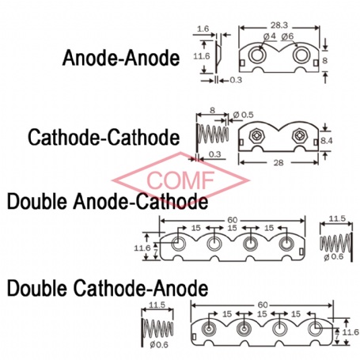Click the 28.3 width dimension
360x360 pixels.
[279, 25]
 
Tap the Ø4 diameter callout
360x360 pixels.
[269, 36]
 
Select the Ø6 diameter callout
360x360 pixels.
[287, 36]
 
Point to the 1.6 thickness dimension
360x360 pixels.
[203, 28]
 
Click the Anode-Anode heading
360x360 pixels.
[121, 58]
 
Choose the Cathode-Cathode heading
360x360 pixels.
[104, 137]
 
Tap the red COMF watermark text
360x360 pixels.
[180, 180]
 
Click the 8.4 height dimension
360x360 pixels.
[326, 141]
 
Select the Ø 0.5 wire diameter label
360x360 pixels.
[243, 115]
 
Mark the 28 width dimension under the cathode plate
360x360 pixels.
[279, 163]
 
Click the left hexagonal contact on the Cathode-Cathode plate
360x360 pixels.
[256, 135]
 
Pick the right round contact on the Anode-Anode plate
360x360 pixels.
[300, 55]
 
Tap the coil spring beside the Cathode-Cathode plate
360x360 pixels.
[213, 134]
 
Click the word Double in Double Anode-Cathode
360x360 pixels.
[37, 202]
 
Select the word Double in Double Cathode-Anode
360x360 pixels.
[37, 288]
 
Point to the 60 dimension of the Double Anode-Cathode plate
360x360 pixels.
[232, 220]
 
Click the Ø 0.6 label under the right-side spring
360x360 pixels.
[334, 256]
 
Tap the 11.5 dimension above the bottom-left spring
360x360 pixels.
[157, 305]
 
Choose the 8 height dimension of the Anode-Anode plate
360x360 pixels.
[325, 60]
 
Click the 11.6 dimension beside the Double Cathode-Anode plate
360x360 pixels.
[351, 332]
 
